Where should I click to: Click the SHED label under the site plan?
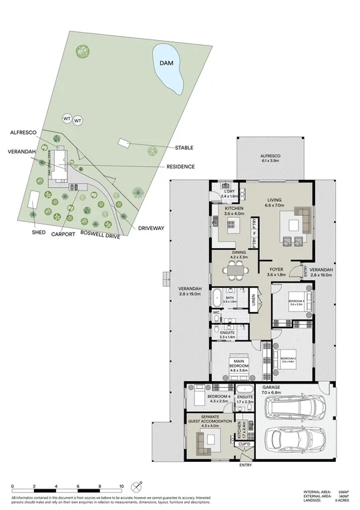pyautogui.click(x=39, y=233)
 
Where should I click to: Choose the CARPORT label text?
pyautogui.click(x=63, y=234)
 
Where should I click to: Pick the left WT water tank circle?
pyautogui.click(x=67, y=118)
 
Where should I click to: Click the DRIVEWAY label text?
pyautogui.click(x=150, y=229)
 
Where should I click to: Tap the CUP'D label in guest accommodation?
pyautogui.click(x=244, y=443)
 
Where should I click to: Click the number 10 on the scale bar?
pyautogui.click(x=122, y=486)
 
